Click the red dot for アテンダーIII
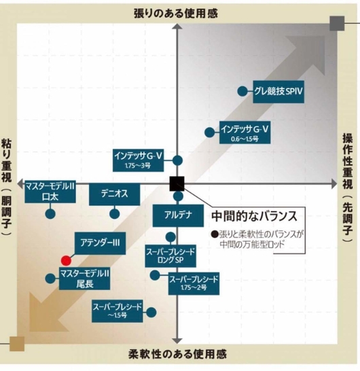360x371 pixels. click(x=66, y=260)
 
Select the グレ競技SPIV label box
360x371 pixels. click(x=278, y=92)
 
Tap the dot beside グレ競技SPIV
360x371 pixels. click(x=242, y=91)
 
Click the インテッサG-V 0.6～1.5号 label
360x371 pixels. click(x=245, y=132)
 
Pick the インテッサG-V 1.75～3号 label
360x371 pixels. click(x=139, y=160)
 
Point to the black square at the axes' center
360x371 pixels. click(x=177, y=183)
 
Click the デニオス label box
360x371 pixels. click(x=115, y=194)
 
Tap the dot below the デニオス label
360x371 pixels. click(x=115, y=214)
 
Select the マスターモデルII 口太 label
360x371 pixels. click(x=50, y=192)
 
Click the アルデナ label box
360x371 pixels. click(x=178, y=216)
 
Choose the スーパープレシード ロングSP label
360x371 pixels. click(x=170, y=256)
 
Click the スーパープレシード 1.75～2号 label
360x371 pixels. click(x=194, y=284)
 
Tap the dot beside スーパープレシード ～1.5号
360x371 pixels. click(x=151, y=313)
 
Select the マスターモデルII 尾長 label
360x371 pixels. click(x=84, y=279)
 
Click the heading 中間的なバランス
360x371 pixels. click(x=254, y=216)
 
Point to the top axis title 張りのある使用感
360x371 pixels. click(x=176, y=14)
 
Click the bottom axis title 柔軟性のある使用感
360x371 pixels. click(x=178, y=354)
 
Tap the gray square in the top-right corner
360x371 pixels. click(x=337, y=23)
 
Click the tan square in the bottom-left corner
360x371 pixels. click(x=17, y=344)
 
